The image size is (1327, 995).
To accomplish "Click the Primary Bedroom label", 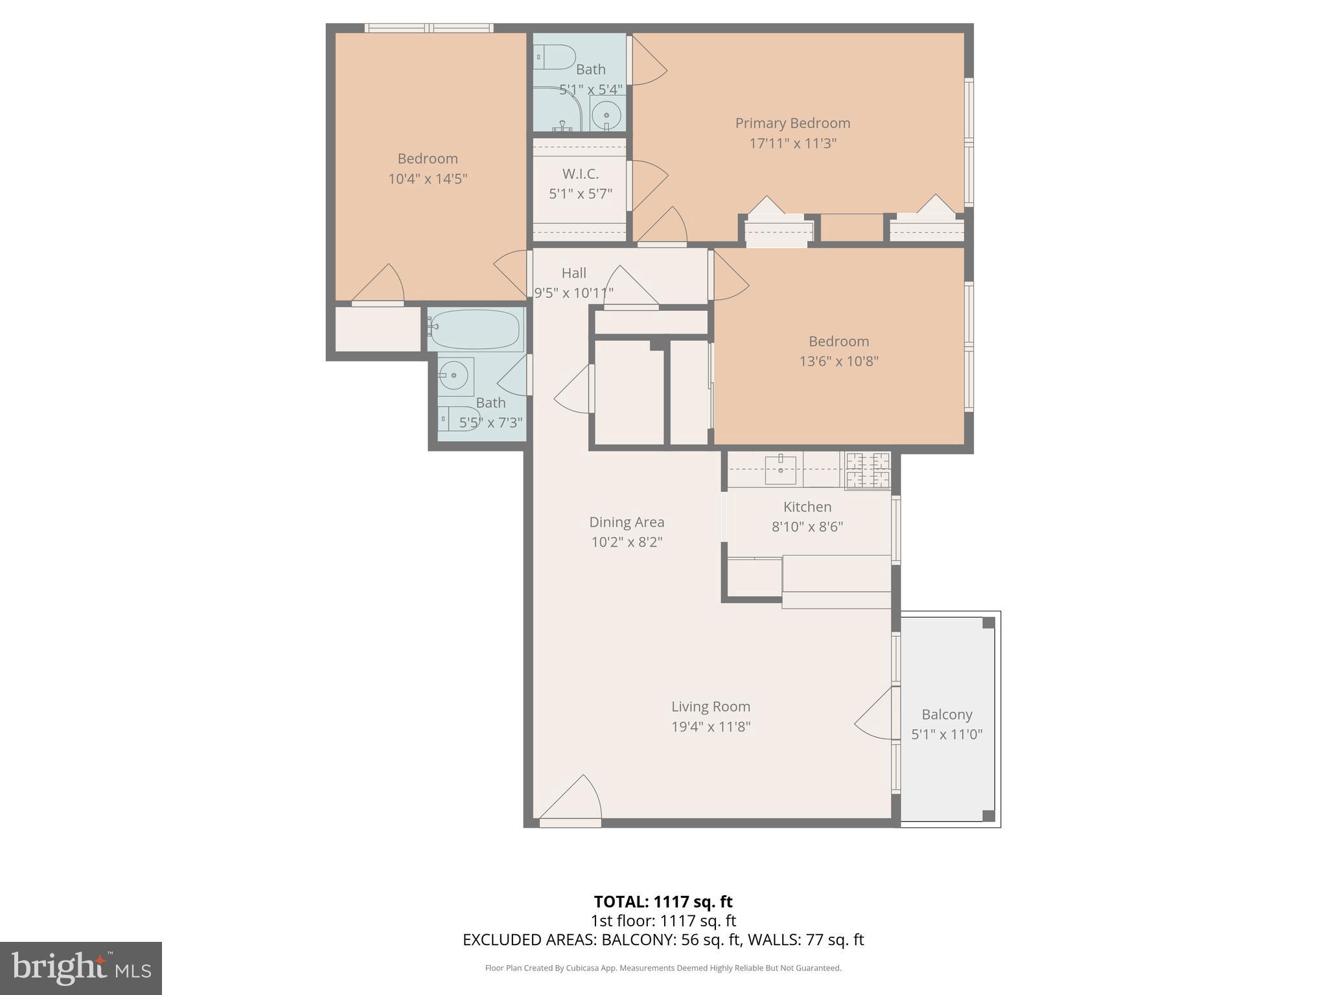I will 792,123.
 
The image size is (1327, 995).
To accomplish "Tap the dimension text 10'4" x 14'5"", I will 428,179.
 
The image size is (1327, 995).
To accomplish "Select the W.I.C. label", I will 580,174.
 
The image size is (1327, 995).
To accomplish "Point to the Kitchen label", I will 807,507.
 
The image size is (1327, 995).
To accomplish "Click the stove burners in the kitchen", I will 868,470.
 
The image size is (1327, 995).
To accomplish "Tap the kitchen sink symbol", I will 780,470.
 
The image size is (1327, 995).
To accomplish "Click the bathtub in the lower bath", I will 475,329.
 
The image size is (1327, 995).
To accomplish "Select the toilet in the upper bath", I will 555,57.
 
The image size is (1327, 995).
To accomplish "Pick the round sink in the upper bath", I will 607,116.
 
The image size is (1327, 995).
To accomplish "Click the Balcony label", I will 947,715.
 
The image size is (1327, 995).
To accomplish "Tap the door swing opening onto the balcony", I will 875,716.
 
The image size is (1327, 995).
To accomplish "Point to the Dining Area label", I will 627,522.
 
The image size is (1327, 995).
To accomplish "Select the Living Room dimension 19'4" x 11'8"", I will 711,727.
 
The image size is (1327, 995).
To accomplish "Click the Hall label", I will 573,273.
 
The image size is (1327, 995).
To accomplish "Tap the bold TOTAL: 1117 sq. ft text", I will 663,902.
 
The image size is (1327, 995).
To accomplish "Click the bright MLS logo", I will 81,968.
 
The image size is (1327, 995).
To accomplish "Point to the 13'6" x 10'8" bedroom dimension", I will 838,361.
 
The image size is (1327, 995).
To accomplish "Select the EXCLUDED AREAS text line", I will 663,940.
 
